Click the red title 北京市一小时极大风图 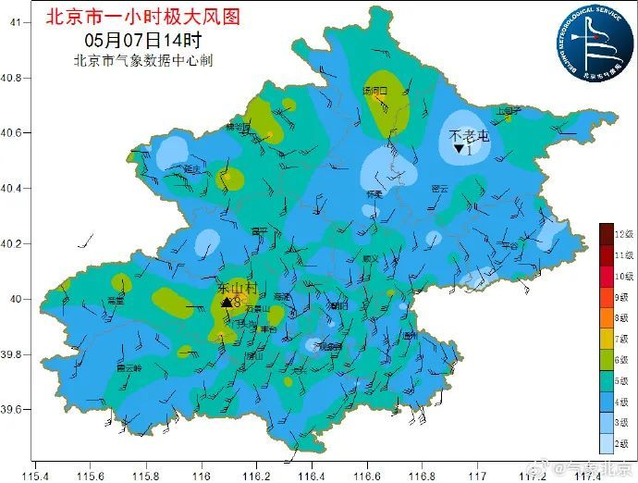[142, 16]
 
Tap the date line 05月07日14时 [142, 40]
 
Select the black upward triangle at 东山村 [227, 302]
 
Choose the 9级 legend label [621, 298]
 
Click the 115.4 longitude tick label [34, 476]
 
